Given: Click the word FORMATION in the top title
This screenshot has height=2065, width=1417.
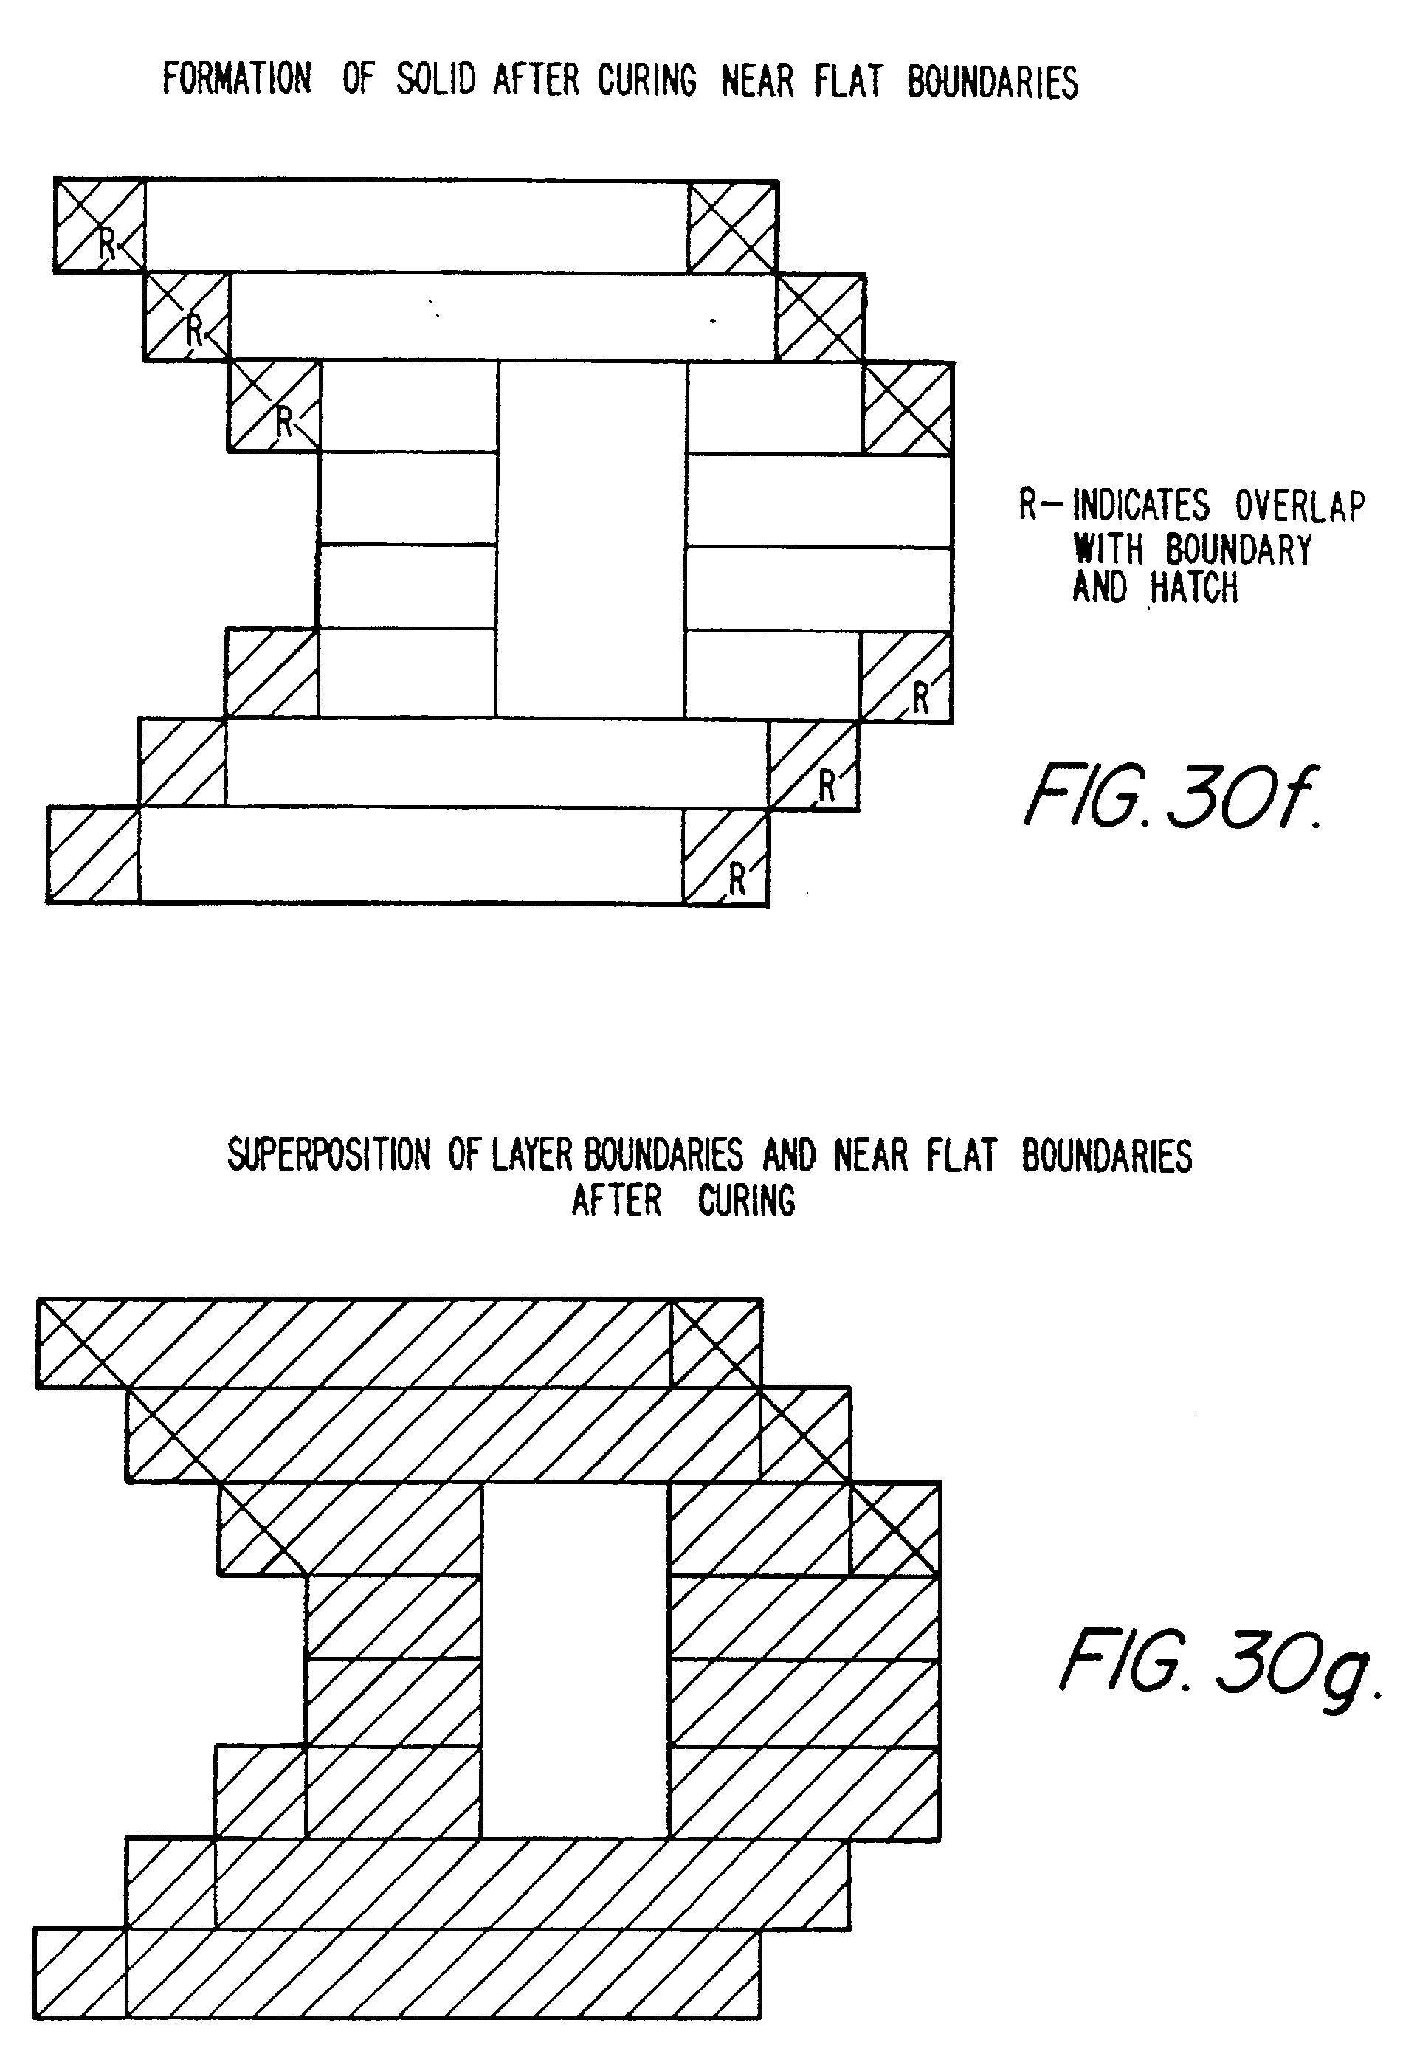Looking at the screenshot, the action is pyautogui.click(x=237, y=80).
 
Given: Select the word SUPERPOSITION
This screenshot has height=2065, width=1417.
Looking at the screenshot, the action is pyautogui.click(x=328, y=1155).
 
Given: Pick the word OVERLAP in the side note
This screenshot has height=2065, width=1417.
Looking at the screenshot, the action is pyautogui.click(x=1299, y=506).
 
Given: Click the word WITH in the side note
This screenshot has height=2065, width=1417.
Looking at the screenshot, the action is pyautogui.click(x=1108, y=549).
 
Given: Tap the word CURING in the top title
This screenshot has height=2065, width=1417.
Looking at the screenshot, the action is pyautogui.click(x=647, y=81).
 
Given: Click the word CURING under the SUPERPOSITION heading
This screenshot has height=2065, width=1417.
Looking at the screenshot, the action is pyautogui.click(x=746, y=1202).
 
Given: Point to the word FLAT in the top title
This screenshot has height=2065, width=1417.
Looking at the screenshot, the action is pyautogui.click(x=849, y=81).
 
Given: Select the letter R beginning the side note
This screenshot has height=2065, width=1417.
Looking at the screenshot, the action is pyautogui.click(x=1028, y=506).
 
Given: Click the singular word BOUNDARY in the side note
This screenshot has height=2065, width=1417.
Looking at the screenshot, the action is pyautogui.click(x=1238, y=549).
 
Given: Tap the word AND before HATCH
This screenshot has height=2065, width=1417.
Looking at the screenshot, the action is pyautogui.click(x=1100, y=587).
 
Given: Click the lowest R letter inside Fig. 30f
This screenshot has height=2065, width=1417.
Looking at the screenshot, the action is pyautogui.click(x=737, y=879).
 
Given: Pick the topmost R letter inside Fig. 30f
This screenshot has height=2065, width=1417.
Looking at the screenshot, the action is pyautogui.click(x=106, y=244).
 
